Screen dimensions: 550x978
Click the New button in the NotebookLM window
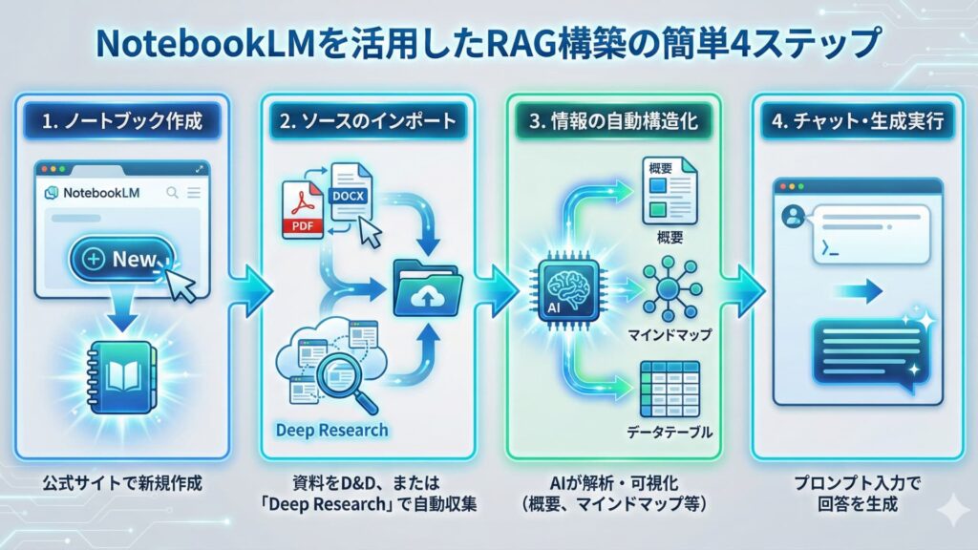click(122, 259)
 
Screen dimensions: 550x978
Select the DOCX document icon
click(349, 191)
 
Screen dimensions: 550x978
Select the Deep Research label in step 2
click(331, 430)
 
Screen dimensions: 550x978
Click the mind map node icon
click(669, 288)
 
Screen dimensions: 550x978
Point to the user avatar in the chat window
click(792, 217)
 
